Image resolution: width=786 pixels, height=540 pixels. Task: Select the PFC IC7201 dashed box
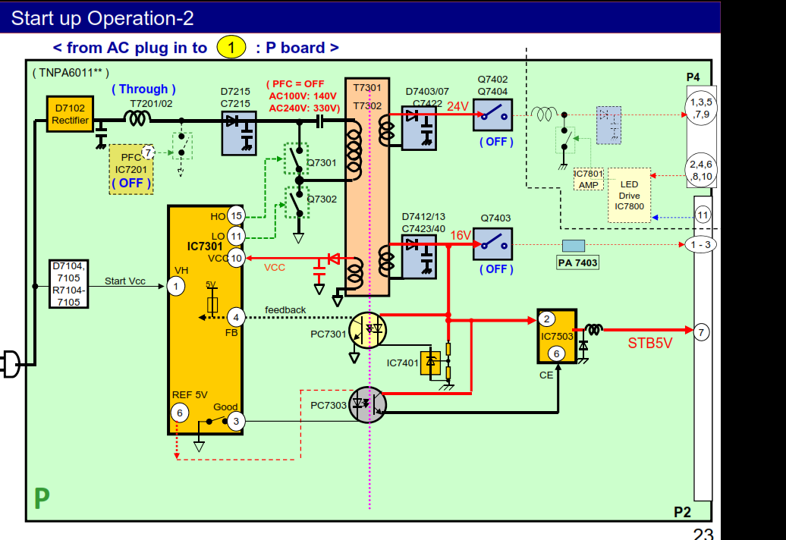pyautogui.click(x=131, y=169)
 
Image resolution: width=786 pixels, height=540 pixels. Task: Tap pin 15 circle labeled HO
pyautogui.click(x=236, y=216)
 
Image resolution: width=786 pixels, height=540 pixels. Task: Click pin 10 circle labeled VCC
pyautogui.click(x=236, y=259)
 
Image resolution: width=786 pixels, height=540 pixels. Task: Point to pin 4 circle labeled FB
pyautogui.click(x=236, y=317)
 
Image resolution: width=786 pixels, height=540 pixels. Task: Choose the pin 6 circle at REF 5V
pyautogui.click(x=180, y=413)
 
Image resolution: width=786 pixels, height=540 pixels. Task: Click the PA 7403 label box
pyautogui.click(x=577, y=262)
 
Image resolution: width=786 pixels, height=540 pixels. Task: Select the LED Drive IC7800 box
pyautogui.click(x=629, y=195)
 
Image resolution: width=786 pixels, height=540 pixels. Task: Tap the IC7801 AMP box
pyautogui.click(x=588, y=180)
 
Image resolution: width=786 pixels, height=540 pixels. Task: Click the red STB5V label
pyautogui.click(x=649, y=343)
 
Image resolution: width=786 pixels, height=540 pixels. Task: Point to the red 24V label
pyautogui.click(x=457, y=106)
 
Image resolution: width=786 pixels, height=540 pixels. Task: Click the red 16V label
pyautogui.click(x=461, y=236)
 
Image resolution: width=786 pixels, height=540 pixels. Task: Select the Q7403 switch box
pyautogui.click(x=492, y=244)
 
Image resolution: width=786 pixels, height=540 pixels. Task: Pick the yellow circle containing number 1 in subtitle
pyautogui.click(x=231, y=47)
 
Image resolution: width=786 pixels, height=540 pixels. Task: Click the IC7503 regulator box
pyautogui.click(x=556, y=336)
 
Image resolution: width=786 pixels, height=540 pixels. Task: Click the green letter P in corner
pyautogui.click(x=42, y=498)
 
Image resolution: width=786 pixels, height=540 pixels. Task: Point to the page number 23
pyautogui.click(x=703, y=534)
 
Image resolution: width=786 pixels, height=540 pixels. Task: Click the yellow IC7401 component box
pyautogui.click(x=430, y=363)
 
